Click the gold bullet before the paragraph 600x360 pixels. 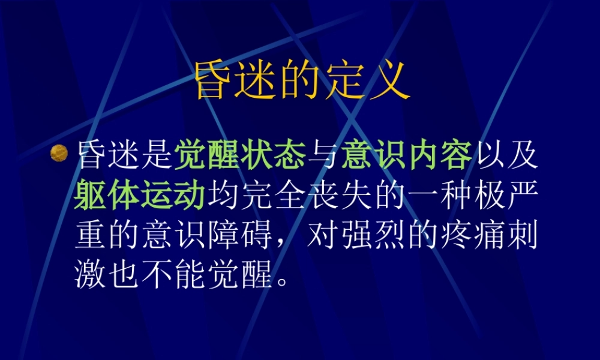[x=58, y=154]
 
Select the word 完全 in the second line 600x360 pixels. [x=272, y=197]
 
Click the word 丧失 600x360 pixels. [x=339, y=197]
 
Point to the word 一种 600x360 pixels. [x=439, y=197]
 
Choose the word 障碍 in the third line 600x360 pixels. [x=240, y=237]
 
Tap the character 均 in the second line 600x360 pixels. [x=223, y=197]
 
